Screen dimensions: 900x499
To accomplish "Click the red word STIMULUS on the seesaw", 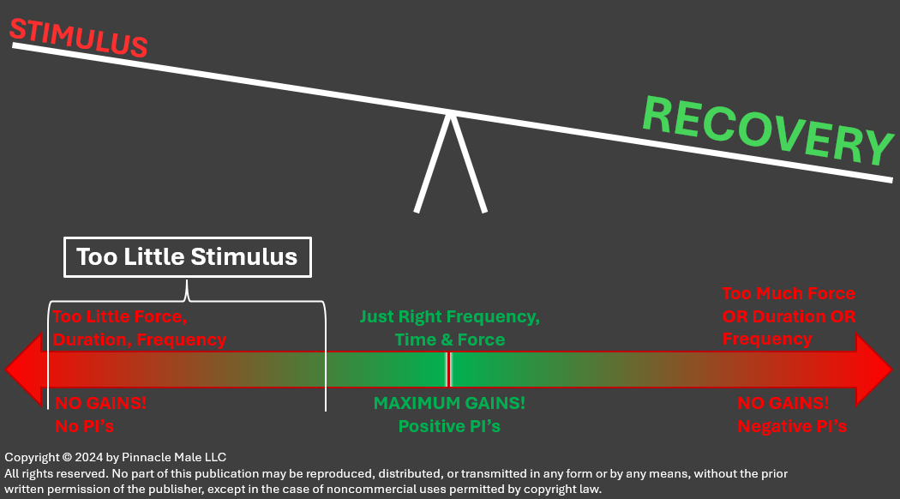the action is pyautogui.click(x=78, y=38).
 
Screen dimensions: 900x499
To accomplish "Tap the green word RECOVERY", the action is pyautogui.click(x=767, y=131).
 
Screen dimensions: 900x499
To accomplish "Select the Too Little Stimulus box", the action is pyautogui.click(x=187, y=256).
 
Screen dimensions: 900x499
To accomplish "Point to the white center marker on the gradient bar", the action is pyautogui.click(x=447, y=369).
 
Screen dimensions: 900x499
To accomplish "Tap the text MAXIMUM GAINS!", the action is pyautogui.click(x=449, y=403).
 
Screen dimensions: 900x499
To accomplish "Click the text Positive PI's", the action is pyautogui.click(x=449, y=425).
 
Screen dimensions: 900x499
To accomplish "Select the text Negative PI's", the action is pyautogui.click(x=792, y=425).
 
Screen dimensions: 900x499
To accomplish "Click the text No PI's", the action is pyautogui.click(x=85, y=425).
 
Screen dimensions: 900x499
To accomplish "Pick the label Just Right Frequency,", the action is pyautogui.click(x=449, y=316).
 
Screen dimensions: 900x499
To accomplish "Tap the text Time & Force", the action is pyautogui.click(x=449, y=340).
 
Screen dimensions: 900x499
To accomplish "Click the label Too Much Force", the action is pyautogui.click(x=789, y=294).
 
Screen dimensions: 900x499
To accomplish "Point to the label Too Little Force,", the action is pyautogui.click(x=120, y=316).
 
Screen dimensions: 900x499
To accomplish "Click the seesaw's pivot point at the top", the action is pyautogui.click(x=449, y=113).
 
